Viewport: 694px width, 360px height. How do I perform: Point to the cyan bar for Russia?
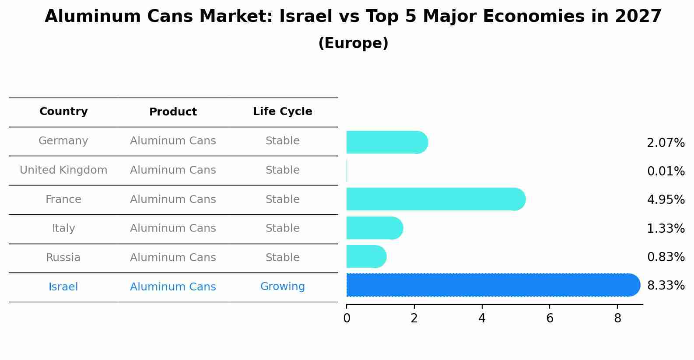(x=366, y=257)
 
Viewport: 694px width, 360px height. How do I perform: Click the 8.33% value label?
(x=666, y=286)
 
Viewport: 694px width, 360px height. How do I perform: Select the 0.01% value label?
(x=666, y=171)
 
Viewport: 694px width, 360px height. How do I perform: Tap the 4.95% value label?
(x=666, y=200)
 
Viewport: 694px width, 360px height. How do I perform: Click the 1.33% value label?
(x=666, y=229)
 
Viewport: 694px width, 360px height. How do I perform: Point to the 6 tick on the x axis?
(x=550, y=318)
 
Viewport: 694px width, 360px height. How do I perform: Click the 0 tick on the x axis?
(x=347, y=318)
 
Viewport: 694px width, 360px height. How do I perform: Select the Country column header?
(x=63, y=112)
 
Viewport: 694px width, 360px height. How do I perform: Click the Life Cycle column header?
(x=282, y=112)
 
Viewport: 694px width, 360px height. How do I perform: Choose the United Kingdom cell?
(x=63, y=170)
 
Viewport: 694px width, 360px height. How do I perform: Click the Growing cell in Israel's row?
(x=282, y=287)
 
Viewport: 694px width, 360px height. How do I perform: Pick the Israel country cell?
(x=63, y=287)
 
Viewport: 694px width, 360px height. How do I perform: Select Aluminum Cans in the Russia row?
(x=173, y=258)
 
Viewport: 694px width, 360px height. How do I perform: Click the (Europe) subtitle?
(x=353, y=43)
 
